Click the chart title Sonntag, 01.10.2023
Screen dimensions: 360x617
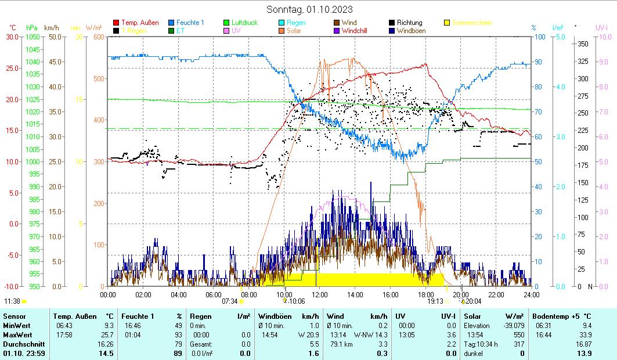pyautogui.click(x=309, y=9)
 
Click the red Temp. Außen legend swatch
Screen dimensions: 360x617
pyautogui.click(x=116, y=23)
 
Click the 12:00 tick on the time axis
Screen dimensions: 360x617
pyautogui.click(x=320, y=294)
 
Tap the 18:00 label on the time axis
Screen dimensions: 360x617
pyautogui.click(x=426, y=294)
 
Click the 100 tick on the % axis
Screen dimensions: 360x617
pyautogui.click(x=539, y=37)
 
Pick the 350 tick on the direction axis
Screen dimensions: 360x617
pyautogui.click(x=583, y=44)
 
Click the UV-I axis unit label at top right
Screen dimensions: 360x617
pyautogui.click(x=601, y=27)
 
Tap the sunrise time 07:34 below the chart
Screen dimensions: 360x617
pyautogui.click(x=230, y=301)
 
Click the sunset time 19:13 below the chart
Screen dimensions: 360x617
pyautogui.click(x=435, y=301)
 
